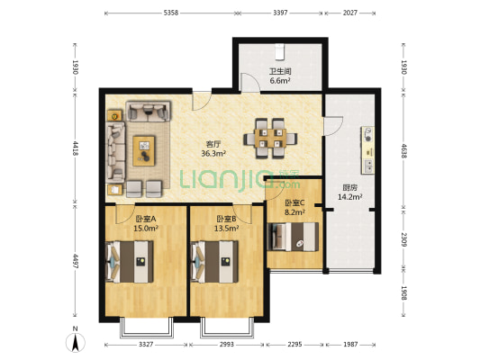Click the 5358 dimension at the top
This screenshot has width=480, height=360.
[171, 13]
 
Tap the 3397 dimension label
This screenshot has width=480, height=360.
[280, 13]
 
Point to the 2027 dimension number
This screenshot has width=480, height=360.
[350, 13]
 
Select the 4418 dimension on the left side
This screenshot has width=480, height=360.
[76, 148]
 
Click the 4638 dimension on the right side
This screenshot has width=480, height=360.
[403, 151]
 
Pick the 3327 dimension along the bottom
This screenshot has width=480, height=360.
[146, 345]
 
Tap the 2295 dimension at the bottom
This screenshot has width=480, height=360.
[294, 345]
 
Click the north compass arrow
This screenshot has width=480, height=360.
[75, 342]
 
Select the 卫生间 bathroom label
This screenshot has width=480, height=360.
[280, 72]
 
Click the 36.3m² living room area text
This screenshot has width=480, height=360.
[213, 153]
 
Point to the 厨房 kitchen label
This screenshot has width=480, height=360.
[350, 187]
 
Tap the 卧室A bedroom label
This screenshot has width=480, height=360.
[146, 219]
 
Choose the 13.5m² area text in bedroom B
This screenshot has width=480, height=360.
[227, 228]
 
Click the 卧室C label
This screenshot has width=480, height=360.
[294, 202]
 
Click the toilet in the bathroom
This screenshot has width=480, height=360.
[279, 51]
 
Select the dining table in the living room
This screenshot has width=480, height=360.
[270, 139]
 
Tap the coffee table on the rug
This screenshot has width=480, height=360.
[144, 151]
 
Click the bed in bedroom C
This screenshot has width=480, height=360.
[293, 237]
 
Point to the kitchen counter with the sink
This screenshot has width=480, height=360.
[367, 150]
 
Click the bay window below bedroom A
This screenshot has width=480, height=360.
[146, 328]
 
